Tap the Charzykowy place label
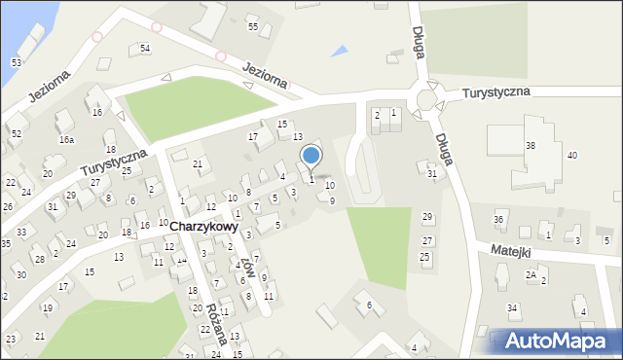(x=203, y=226)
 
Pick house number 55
(x=253, y=26)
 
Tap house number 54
(x=145, y=48)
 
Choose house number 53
(x=16, y=62)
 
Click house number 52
(x=16, y=132)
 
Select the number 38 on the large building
(x=531, y=145)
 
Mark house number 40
(x=572, y=156)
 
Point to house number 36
(x=498, y=220)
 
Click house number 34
(x=512, y=308)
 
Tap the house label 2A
(x=531, y=274)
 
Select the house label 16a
(x=66, y=140)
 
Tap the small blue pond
(x=339, y=50)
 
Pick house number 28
(x=39, y=259)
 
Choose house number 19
(x=47, y=308)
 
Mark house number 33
(x=21, y=233)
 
